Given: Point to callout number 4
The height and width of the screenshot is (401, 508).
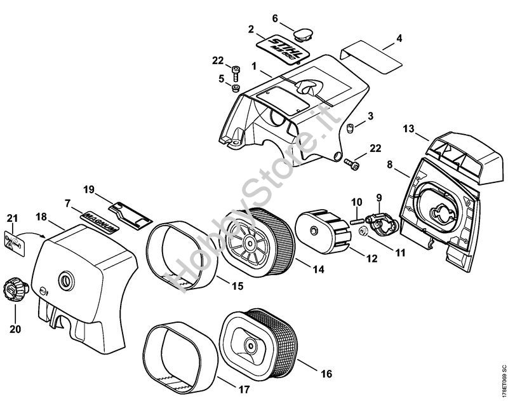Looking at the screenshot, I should click(x=399, y=38).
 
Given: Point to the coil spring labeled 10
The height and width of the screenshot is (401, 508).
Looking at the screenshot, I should click(x=355, y=220).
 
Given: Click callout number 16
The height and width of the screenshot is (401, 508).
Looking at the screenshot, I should click(x=327, y=373).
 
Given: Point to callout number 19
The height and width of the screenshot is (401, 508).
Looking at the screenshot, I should click(x=89, y=189).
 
